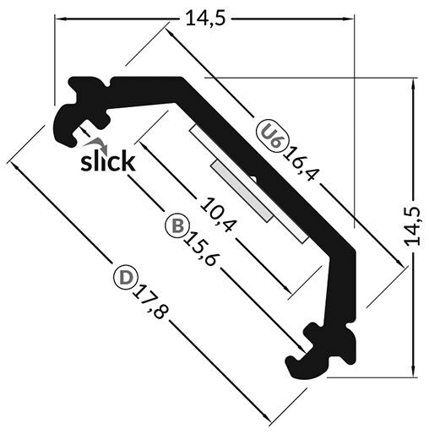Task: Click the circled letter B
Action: point(176,226)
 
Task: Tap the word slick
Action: point(106,160)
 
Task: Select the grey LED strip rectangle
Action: point(244,192)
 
